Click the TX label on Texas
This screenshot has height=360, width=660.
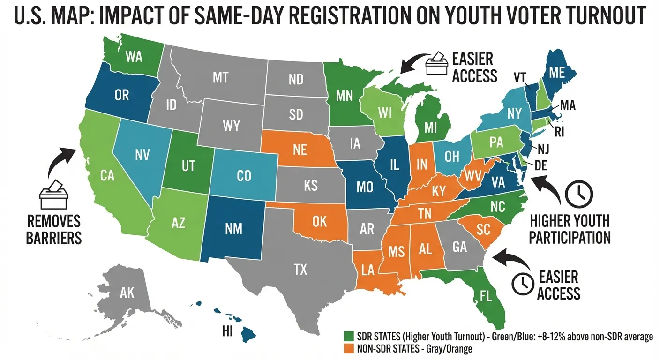tap(300, 269)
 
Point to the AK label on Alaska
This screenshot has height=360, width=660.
tap(127, 293)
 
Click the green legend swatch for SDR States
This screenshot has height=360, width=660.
tap(349, 337)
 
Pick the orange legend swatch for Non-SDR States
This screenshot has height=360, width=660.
tap(349, 349)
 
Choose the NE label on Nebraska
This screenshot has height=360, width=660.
tap(300, 149)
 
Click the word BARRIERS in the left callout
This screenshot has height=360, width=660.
tap(54, 237)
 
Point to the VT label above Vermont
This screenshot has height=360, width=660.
tap(519, 77)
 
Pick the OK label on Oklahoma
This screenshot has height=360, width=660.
tap(319, 220)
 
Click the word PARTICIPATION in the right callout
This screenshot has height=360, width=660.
tap(570, 237)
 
